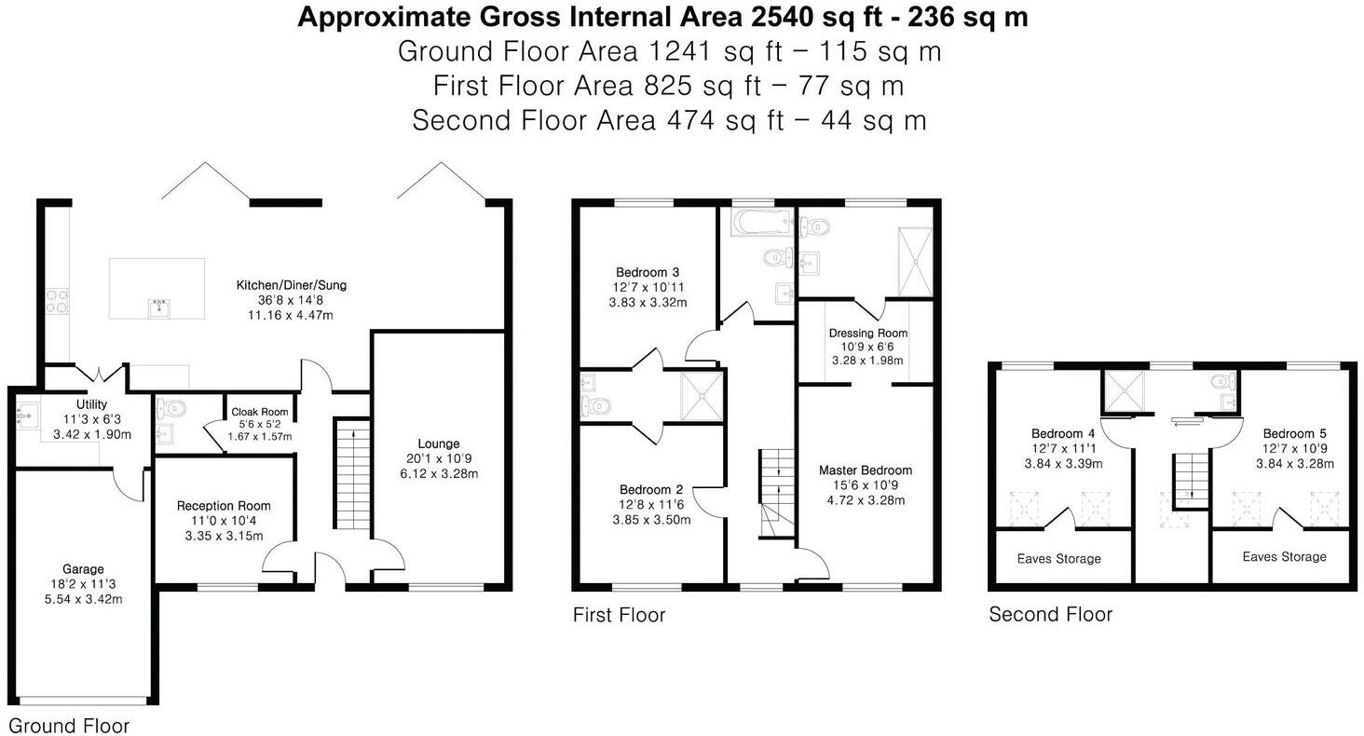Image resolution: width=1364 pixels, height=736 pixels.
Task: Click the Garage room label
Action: click(83, 569)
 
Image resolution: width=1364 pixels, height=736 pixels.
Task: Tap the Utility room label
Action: click(92, 404)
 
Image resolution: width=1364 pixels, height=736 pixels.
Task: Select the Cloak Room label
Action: click(260, 412)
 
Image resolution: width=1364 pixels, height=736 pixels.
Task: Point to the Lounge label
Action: click(439, 443)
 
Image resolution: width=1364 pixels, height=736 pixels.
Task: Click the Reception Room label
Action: click(224, 506)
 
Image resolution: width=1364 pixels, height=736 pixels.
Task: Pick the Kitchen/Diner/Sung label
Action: click(291, 285)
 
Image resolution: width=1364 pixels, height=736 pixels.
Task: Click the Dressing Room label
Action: click(867, 333)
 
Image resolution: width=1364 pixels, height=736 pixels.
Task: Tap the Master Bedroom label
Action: click(866, 470)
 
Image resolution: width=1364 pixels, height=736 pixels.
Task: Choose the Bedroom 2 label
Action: click(651, 489)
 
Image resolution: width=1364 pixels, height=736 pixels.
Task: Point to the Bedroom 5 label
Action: click(1294, 433)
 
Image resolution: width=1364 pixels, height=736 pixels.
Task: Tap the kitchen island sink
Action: click(158, 306)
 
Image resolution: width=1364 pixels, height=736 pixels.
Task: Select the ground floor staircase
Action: click(351, 475)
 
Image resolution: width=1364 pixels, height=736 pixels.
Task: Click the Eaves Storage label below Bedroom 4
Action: click(1058, 559)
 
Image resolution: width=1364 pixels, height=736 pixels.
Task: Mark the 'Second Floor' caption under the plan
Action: click(1050, 615)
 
